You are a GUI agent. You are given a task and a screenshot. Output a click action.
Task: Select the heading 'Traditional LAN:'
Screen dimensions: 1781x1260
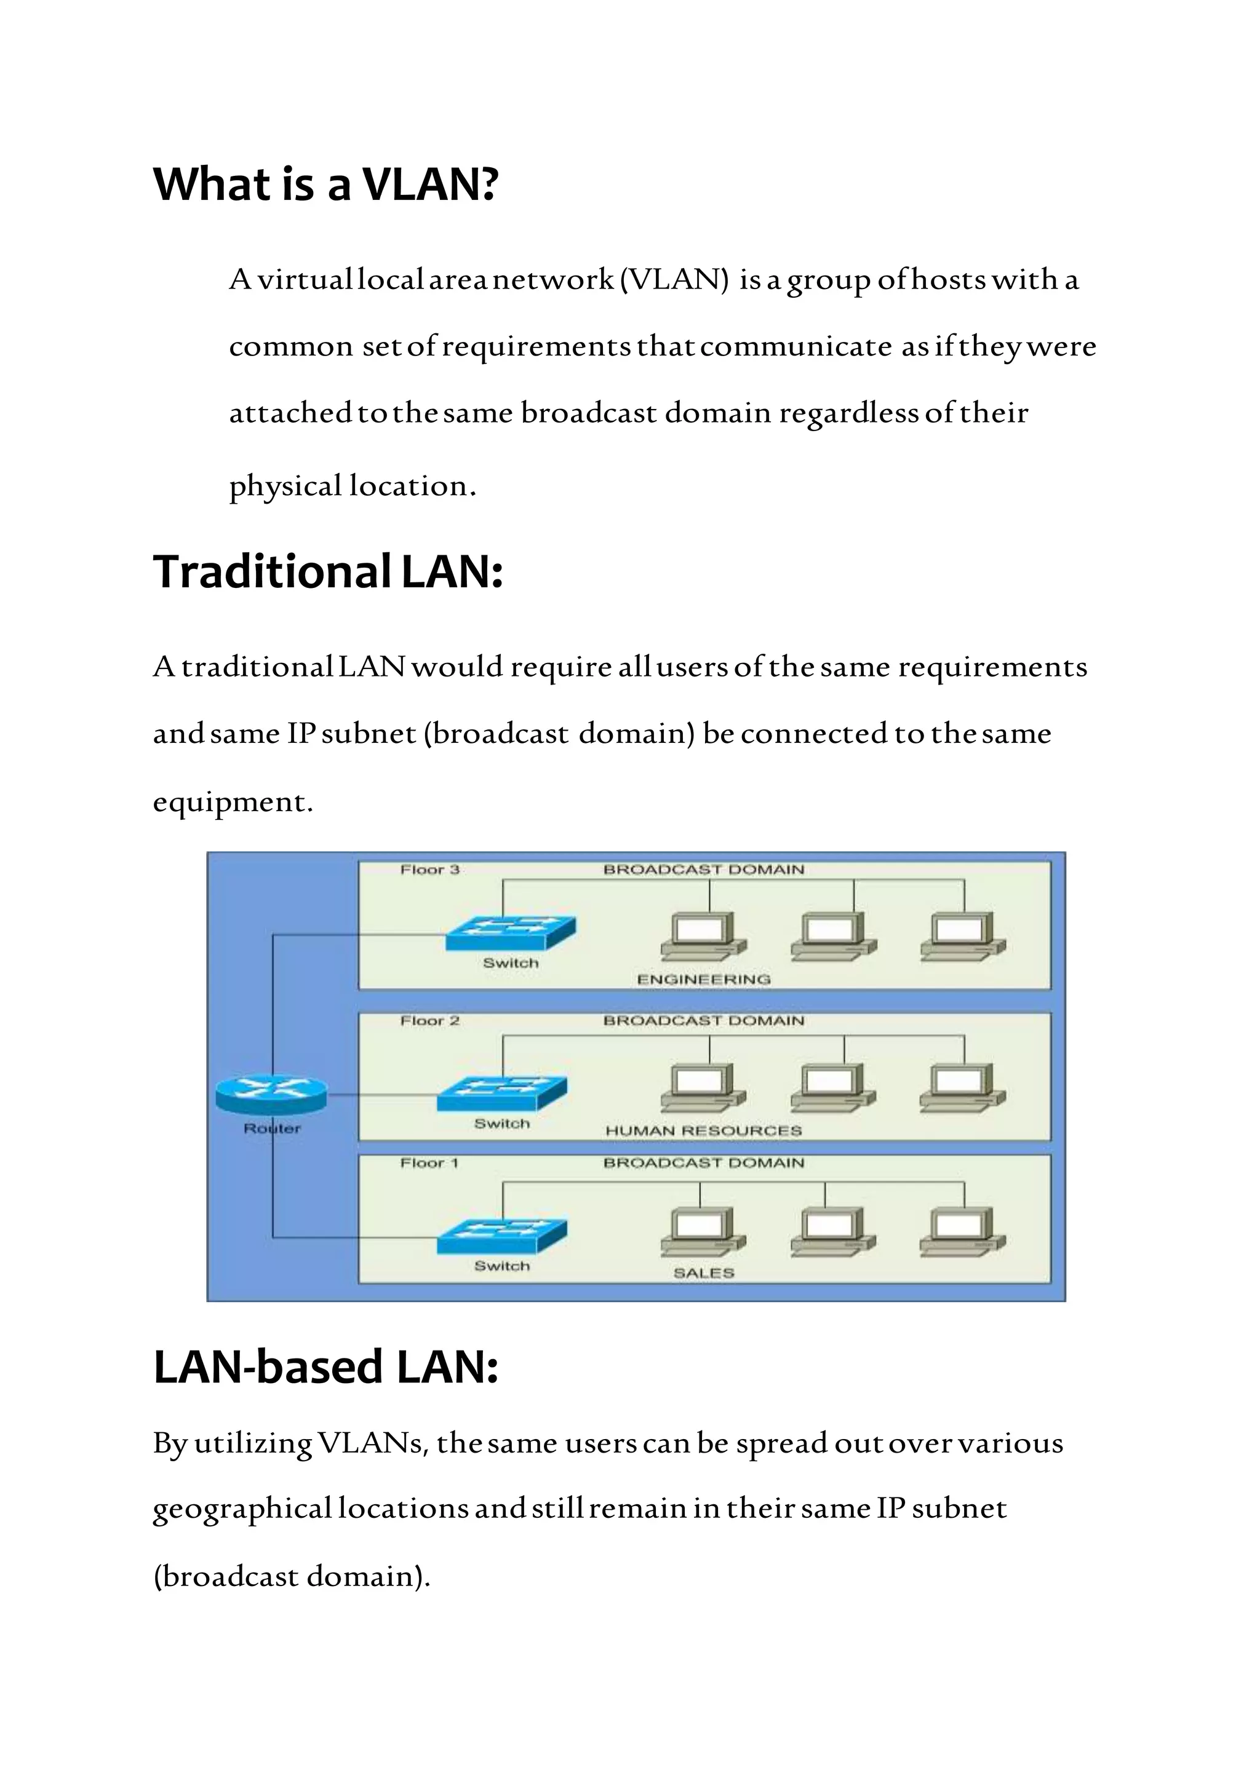click(x=328, y=572)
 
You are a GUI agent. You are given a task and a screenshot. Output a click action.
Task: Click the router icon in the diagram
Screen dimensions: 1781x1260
click(x=271, y=1095)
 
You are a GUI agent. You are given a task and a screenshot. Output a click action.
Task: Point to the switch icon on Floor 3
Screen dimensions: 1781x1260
click(x=511, y=932)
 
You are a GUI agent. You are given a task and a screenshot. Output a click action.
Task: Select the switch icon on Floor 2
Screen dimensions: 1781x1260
click(x=502, y=1093)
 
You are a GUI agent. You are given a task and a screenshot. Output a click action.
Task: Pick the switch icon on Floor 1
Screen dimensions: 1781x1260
click(x=502, y=1236)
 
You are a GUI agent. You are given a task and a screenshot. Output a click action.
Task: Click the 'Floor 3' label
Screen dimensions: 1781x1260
click(x=430, y=870)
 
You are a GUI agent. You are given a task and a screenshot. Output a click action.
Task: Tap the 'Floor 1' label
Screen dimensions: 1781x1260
click(x=429, y=1163)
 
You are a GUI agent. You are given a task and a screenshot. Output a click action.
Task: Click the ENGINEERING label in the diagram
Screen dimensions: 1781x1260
click(x=704, y=980)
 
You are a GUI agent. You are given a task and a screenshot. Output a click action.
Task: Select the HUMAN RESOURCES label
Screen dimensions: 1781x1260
click(x=704, y=1131)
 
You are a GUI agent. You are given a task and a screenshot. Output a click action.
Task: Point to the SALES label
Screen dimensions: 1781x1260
click(x=704, y=1273)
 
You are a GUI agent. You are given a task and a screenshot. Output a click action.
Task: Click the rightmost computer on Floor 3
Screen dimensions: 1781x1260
click(x=963, y=936)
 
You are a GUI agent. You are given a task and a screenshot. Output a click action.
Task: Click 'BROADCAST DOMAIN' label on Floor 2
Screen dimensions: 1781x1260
click(x=704, y=1021)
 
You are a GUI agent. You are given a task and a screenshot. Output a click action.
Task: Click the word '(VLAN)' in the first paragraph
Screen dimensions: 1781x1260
click(x=675, y=279)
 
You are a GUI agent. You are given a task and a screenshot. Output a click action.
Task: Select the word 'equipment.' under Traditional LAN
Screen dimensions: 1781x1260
click(x=233, y=801)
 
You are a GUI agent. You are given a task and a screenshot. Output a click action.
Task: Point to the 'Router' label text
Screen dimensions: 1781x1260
click(x=271, y=1128)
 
